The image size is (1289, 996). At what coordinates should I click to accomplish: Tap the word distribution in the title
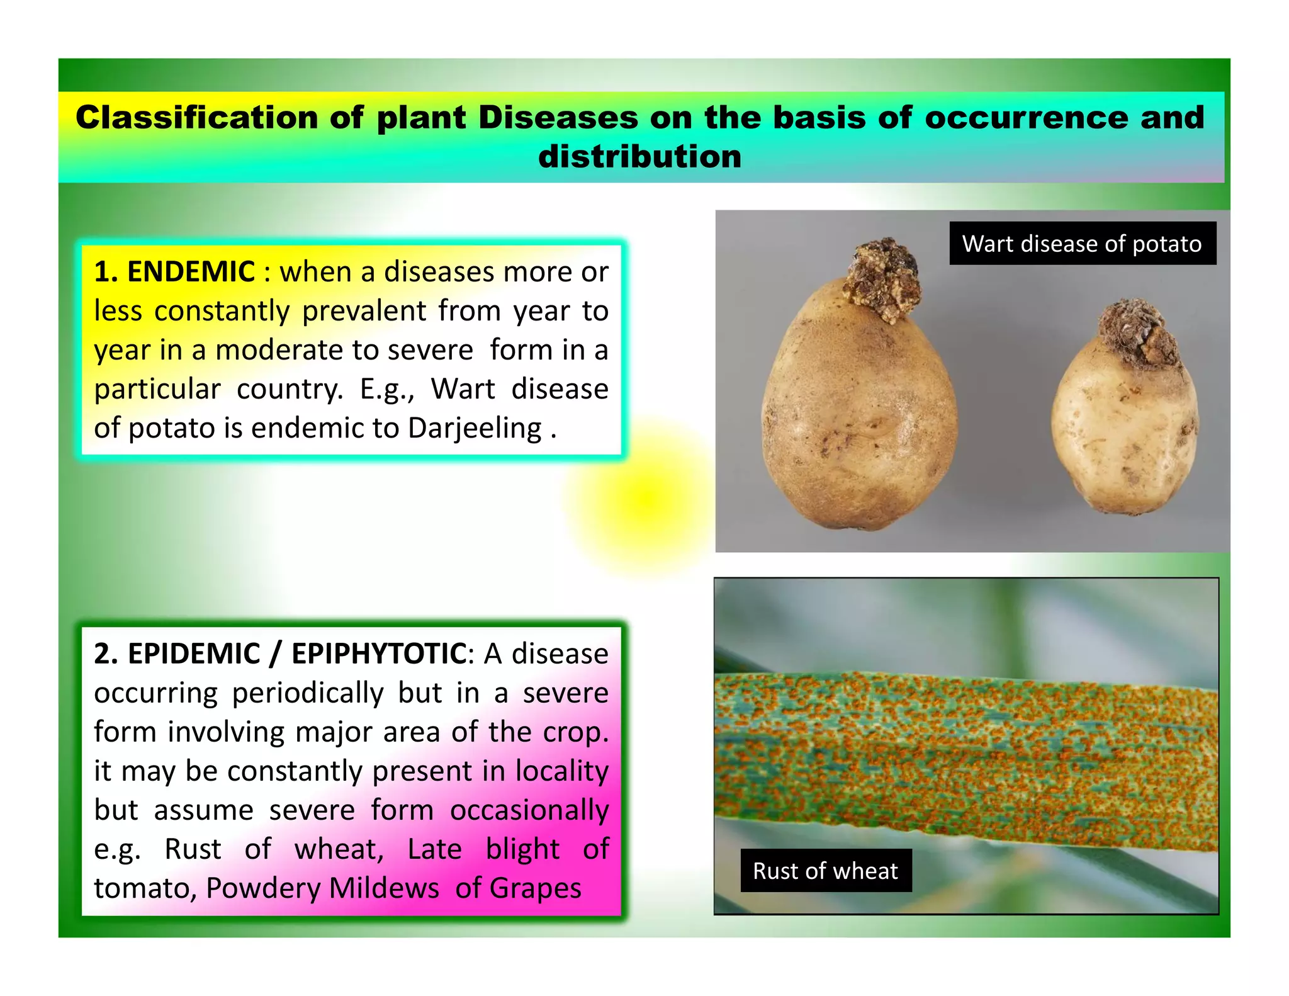639,156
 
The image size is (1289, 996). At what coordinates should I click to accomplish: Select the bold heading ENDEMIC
191,272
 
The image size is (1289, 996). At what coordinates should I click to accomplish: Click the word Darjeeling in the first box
475,429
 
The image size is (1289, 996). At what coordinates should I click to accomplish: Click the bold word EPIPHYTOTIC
378,654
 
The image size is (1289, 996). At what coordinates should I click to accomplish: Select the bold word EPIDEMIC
194,654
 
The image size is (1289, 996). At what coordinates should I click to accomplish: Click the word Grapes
535,888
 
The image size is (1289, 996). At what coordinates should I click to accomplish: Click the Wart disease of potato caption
1082,244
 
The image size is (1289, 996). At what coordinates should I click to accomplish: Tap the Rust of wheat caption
825,871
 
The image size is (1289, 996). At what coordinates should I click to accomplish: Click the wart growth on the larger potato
882,279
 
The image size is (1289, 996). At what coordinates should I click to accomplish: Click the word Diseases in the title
558,118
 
